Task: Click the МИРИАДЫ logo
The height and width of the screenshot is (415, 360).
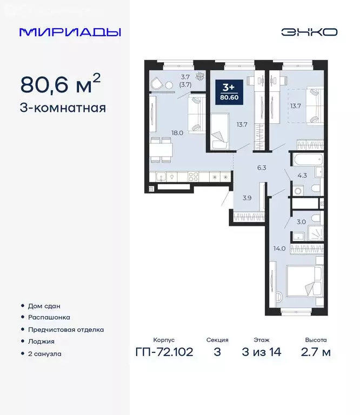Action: tap(70, 32)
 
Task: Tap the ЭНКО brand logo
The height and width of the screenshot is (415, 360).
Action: tap(309, 32)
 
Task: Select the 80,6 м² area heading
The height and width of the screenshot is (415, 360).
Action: tap(60, 84)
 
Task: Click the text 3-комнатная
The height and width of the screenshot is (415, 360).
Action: tap(63, 107)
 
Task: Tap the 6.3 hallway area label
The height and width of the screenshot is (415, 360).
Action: tap(262, 168)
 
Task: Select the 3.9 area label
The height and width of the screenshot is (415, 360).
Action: tap(246, 198)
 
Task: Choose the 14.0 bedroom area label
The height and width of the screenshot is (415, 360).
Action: tap(279, 249)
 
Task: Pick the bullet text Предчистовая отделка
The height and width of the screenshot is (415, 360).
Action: tap(66, 330)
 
